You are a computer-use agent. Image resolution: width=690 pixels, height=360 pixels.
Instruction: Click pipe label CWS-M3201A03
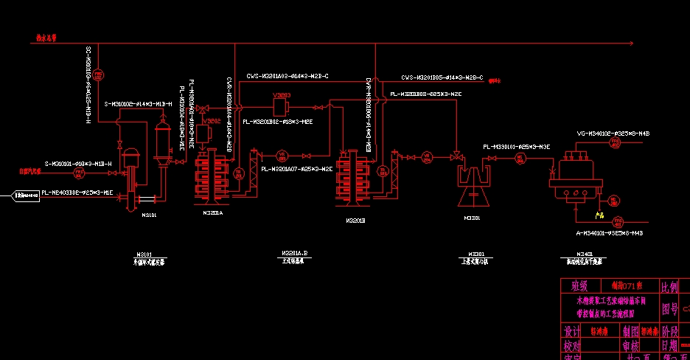pos(287,75)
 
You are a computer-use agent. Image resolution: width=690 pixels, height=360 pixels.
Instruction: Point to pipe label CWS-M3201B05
pos(442,77)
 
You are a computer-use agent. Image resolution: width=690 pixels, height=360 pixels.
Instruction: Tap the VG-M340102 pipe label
pos(603,134)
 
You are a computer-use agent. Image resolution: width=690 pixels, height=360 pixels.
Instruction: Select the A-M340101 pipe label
pos(609,232)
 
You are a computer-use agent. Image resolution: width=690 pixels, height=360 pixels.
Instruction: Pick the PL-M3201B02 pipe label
pos(278,122)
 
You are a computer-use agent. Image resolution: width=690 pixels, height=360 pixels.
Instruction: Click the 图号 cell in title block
pos(669,308)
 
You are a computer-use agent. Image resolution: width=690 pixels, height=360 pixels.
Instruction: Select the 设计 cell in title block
pos(572,331)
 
